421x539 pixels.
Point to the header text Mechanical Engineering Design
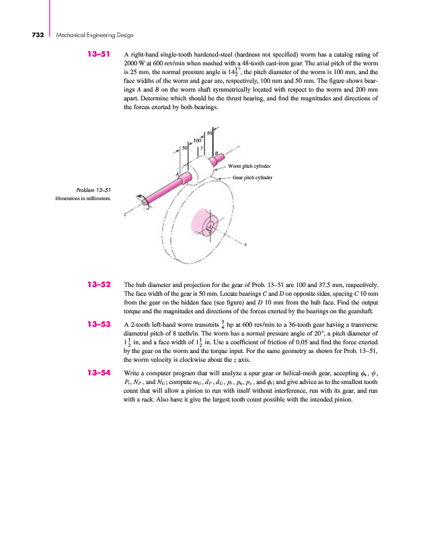95,34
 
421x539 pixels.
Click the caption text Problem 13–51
95,191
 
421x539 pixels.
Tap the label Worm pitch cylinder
250,165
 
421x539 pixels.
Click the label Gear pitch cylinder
252,178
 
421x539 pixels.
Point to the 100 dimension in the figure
198,140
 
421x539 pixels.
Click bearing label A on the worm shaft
177,175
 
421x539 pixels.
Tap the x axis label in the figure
246,245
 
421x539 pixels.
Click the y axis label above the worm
202,148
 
